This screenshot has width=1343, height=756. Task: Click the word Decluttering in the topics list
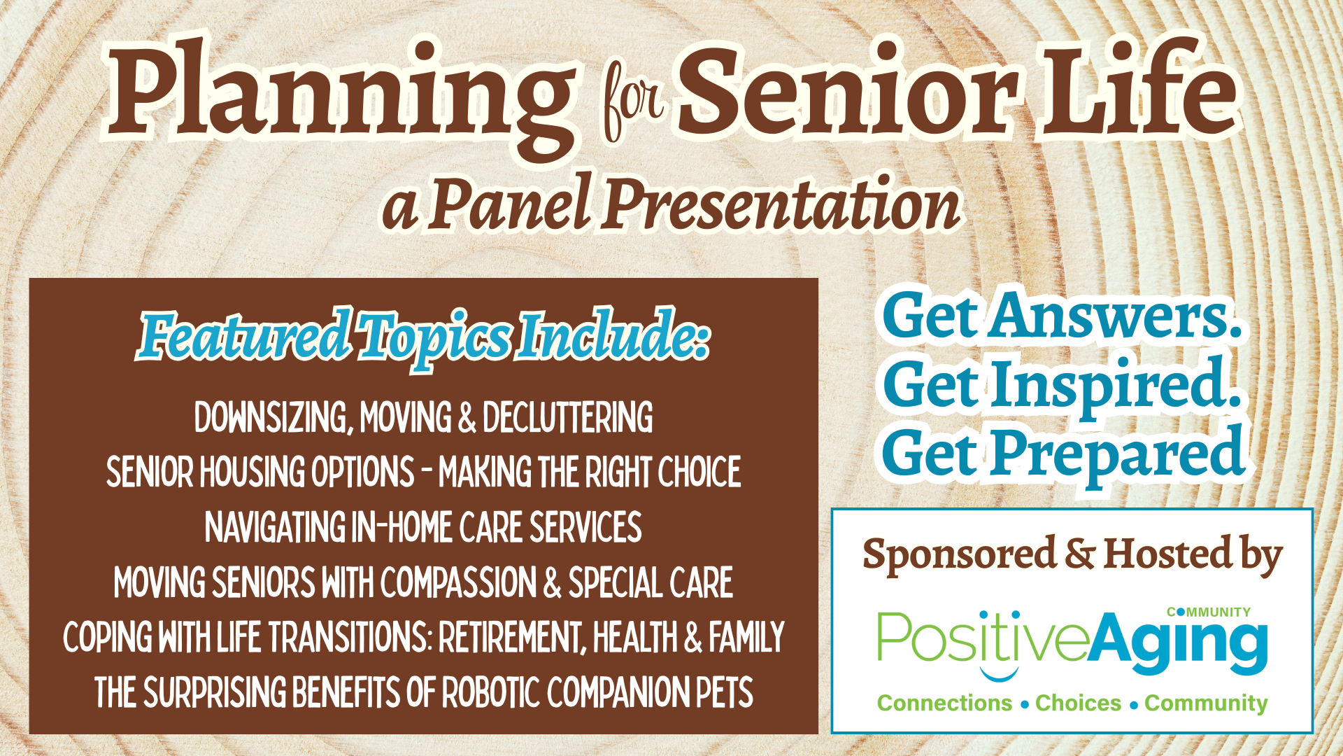click(567, 417)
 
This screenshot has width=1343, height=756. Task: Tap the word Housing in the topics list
click(253, 472)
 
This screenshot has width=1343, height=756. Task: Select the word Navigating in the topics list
click(275, 527)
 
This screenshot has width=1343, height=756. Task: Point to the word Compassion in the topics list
click(458, 582)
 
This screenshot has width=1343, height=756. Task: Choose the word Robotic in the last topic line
click(490, 692)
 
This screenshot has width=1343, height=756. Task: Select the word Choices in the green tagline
click(1078, 703)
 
